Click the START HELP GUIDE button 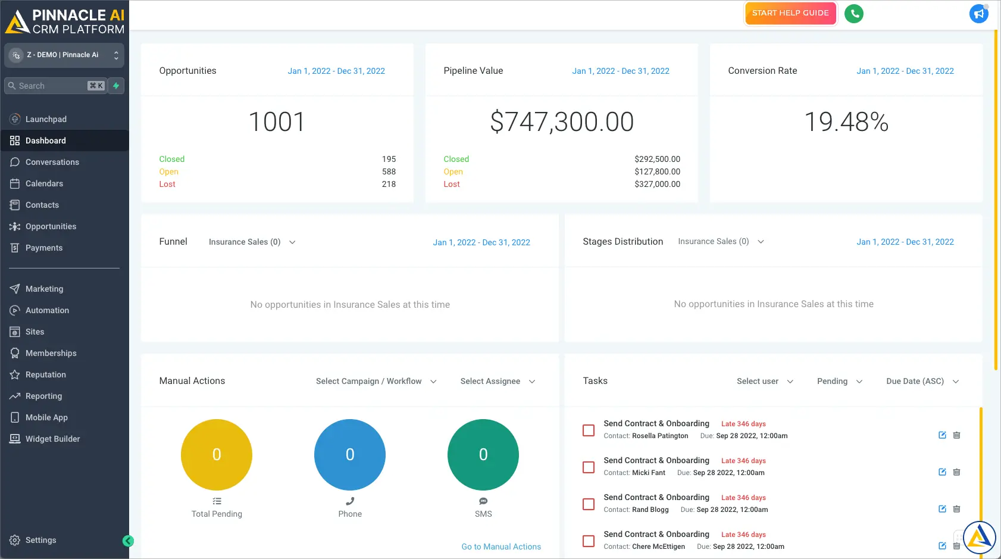790,13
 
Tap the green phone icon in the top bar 854,14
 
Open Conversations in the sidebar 52,162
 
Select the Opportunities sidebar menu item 51,226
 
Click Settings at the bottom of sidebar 40,540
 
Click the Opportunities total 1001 277,122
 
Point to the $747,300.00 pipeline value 562,122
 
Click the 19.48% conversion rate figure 846,122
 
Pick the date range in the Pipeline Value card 621,71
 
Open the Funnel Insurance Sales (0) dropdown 252,242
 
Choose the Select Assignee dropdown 498,381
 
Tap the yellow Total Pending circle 217,455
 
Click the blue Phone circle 350,455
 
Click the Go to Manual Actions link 501,546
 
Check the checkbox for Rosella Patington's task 589,430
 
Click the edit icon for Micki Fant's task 942,472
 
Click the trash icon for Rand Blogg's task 956,509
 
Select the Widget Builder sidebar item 52,439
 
